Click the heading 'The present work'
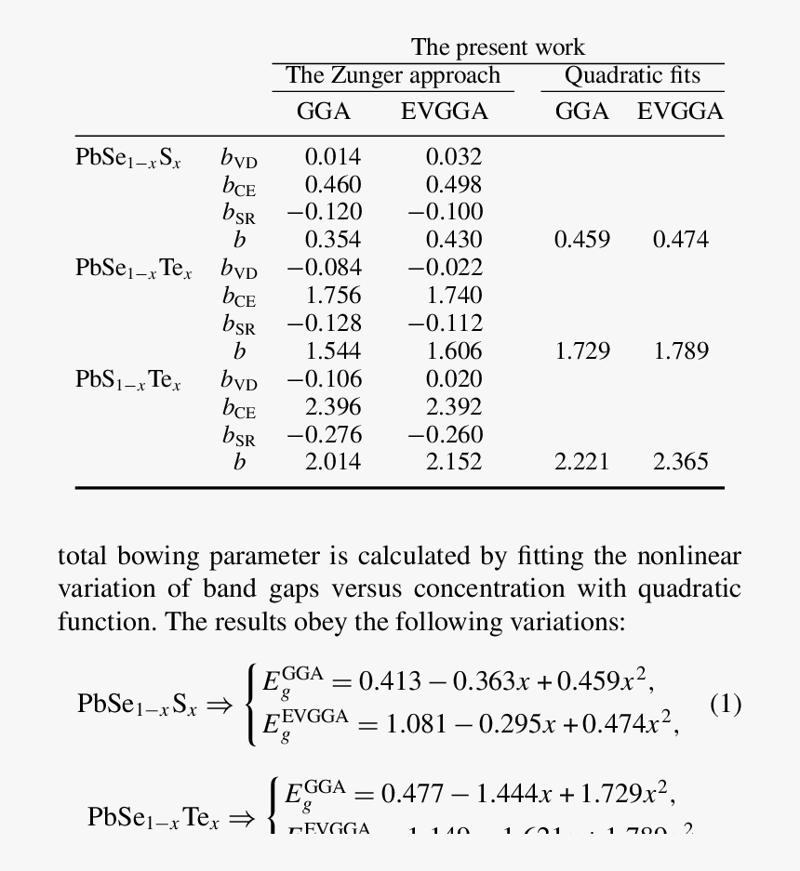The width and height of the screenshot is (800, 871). tap(498, 47)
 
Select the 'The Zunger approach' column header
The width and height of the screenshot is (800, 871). tap(393, 75)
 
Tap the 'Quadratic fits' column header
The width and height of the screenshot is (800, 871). tap(632, 75)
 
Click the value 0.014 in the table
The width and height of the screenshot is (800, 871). tap(333, 156)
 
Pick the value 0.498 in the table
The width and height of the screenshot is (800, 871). tap(454, 184)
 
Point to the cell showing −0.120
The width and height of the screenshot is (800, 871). tap(324, 212)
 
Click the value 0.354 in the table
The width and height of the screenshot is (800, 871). tap(333, 240)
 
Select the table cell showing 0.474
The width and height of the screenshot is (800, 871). tap(681, 240)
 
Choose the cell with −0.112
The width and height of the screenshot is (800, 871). tap(445, 323)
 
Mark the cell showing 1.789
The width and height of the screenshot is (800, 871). tap(681, 351)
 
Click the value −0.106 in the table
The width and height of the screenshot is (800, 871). tap(324, 379)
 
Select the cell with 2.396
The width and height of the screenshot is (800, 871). tap(333, 407)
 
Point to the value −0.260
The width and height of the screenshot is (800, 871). tap(445, 435)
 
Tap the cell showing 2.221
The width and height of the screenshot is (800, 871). tap(582, 462)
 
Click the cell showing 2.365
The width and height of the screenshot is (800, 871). tap(681, 462)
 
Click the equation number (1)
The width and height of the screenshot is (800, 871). tap(726, 704)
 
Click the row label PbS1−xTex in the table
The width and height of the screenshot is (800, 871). tap(128, 380)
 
